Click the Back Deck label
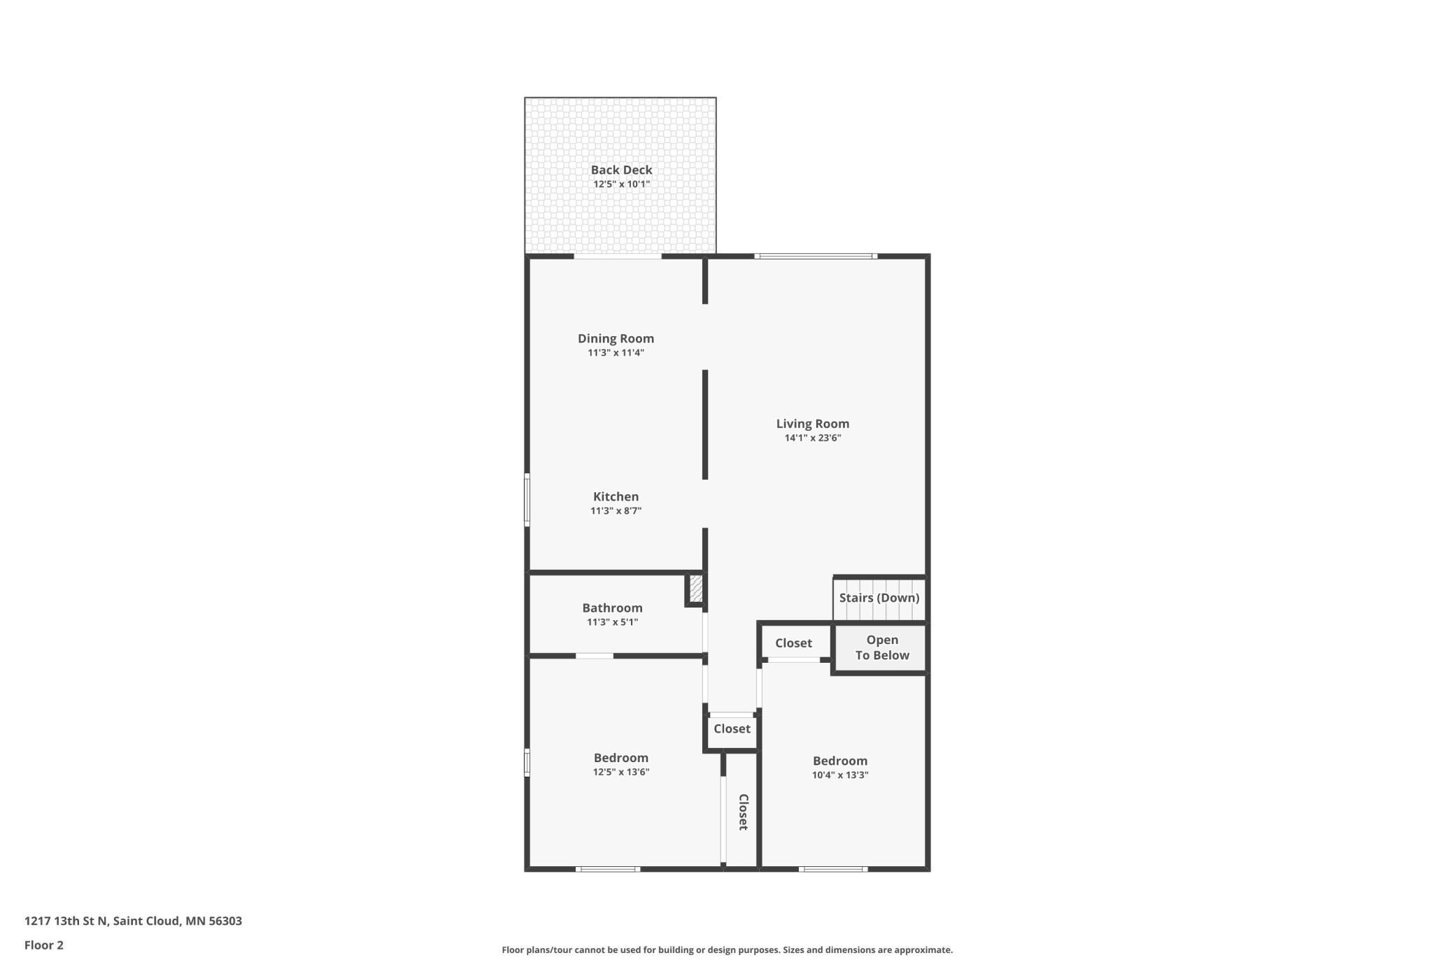(621, 170)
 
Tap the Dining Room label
(616, 338)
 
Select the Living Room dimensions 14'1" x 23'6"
(812, 438)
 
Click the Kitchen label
(616, 496)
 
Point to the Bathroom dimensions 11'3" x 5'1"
(612, 622)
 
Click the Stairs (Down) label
(879, 598)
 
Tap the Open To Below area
(882, 648)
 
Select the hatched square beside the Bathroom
(696, 589)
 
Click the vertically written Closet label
(744, 812)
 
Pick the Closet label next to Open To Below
(793, 643)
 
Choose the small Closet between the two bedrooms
(732, 729)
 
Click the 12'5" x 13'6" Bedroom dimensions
(621, 773)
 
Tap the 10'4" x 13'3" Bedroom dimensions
(840, 775)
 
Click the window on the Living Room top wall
(816, 257)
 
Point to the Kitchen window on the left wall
(527, 499)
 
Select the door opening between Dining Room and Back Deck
(618, 257)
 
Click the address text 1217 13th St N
(66, 921)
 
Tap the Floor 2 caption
(44, 946)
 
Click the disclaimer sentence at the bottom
(727, 950)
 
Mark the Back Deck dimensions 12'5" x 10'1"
(621, 185)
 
